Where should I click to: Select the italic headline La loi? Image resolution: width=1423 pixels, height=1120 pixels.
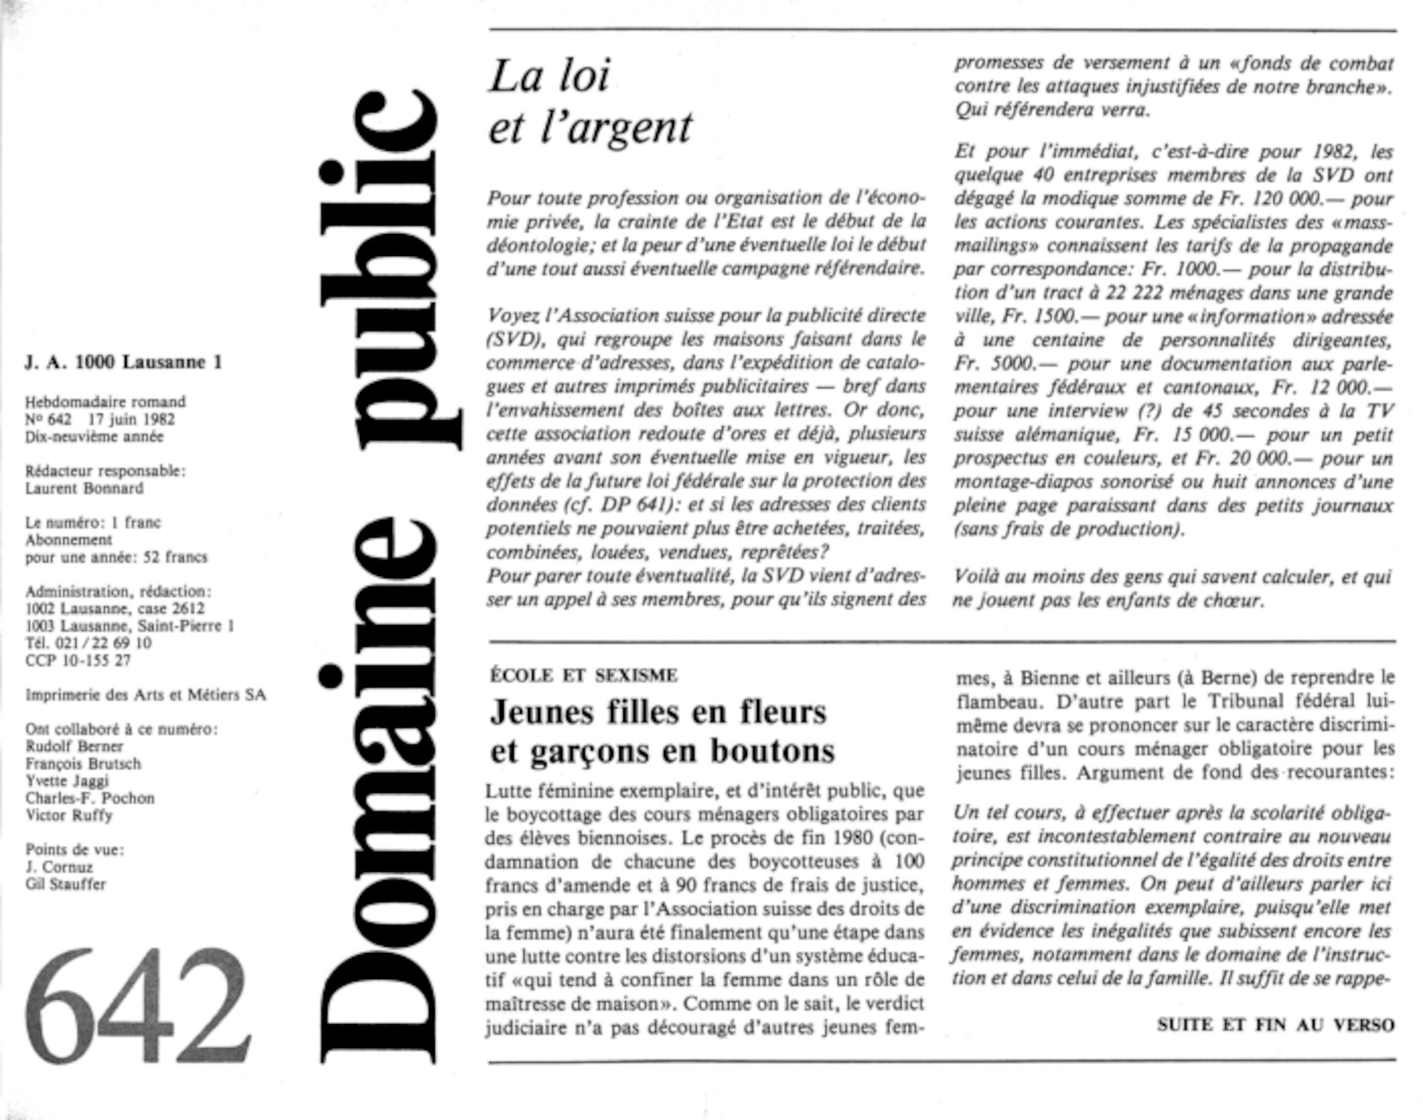[549, 77]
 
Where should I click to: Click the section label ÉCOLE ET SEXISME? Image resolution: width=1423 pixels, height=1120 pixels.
[583, 675]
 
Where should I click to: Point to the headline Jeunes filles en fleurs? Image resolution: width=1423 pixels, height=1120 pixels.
[658, 712]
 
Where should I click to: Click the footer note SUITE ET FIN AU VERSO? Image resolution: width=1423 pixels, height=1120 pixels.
[1275, 1025]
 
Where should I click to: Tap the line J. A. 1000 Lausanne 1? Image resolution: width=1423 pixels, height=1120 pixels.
[124, 363]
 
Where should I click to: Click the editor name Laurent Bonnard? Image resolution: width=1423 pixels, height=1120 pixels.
[84, 489]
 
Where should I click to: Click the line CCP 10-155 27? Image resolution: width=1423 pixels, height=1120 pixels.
[78, 661]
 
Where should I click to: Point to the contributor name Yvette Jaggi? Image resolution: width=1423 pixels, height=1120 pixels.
[67, 781]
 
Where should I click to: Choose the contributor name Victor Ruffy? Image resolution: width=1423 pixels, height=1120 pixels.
[69, 816]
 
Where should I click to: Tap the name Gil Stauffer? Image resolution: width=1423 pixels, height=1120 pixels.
[65, 885]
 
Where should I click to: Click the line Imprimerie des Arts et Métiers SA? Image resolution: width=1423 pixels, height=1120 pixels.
[146, 695]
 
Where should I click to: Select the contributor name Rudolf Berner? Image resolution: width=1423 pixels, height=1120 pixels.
[74, 747]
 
